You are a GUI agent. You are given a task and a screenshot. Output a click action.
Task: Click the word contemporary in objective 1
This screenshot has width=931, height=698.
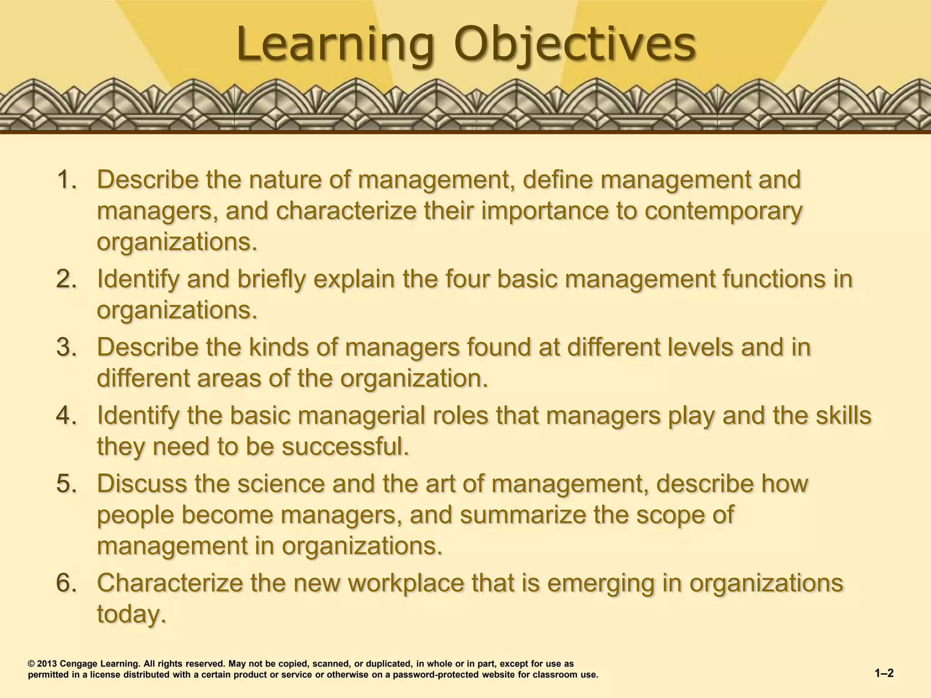(723, 211)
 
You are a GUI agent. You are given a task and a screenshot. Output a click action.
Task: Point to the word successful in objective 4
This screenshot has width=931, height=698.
(345, 447)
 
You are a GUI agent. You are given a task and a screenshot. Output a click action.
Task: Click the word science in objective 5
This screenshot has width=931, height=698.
(281, 484)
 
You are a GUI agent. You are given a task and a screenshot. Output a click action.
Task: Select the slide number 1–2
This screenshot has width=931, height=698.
(884, 673)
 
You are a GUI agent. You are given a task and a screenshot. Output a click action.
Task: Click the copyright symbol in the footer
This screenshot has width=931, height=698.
(31, 664)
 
